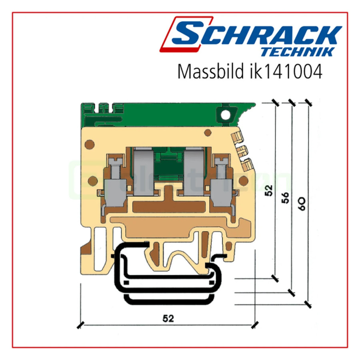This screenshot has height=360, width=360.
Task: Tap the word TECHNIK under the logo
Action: [x=298, y=52]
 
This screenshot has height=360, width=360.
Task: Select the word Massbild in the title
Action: [x=210, y=71]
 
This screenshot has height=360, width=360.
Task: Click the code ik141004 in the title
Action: [x=285, y=71]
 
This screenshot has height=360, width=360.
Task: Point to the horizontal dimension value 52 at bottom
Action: [x=168, y=318]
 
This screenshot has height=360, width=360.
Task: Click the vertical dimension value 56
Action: [x=285, y=198]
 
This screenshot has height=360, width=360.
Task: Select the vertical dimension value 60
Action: [x=302, y=204]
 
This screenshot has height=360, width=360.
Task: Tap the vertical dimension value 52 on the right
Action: [x=268, y=190]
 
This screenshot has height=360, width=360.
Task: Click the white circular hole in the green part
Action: [x=225, y=114]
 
